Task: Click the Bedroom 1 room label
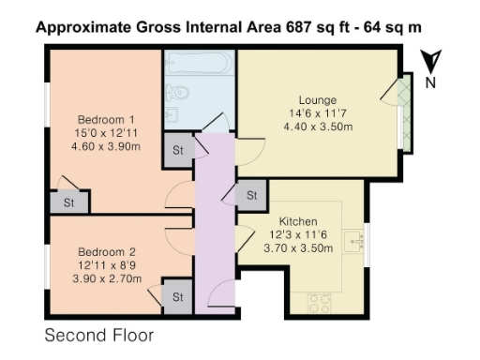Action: [106, 119]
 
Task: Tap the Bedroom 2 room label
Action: [106, 250]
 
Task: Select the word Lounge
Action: [318, 99]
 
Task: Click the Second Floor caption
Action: [98, 335]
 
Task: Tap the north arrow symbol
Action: [430, 66]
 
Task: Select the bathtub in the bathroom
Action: [199, 67]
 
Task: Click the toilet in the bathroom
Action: [179, 95]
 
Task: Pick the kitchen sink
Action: [354, 243]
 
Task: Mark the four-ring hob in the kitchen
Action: [320, 302]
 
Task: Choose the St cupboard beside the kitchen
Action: [250, 196]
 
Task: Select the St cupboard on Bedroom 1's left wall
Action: [68, 201]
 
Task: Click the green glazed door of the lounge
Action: [403, 111]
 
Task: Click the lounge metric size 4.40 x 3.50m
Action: [318, 128]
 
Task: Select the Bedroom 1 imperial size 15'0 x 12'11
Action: [106, 134]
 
